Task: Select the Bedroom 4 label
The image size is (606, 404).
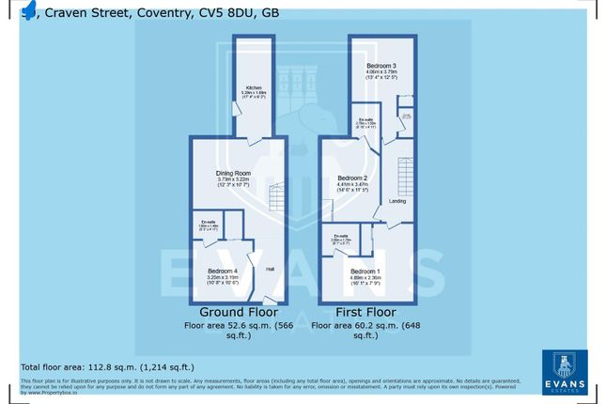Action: [222, 272]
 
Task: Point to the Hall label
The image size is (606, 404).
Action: [270, 270]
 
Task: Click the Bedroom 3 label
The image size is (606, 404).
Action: [381, 62]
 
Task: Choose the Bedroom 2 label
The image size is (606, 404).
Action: [352, 179]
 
